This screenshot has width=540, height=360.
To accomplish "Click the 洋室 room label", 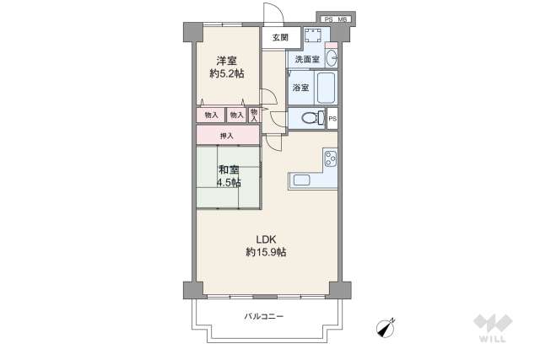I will click(x=225, y=60).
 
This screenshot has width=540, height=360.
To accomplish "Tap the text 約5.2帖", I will click(x=227, y=73).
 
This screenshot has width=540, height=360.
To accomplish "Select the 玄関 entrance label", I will click(x=280, y=37).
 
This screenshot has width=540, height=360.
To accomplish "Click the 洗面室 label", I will click(x=307, y=59).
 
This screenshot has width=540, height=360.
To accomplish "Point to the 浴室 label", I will click(x=300, y=87).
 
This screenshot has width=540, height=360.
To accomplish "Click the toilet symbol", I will click(x=310, y=118).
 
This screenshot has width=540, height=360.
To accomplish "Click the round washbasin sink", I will click(x=330, y=58).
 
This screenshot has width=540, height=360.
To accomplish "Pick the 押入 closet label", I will click(x=226, y=135).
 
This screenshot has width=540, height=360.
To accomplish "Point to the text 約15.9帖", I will click(x=266, y=252).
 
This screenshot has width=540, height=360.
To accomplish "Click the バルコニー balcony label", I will click(x=264, y=316).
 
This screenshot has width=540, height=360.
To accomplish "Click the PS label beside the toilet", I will click(x=332, y=119).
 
